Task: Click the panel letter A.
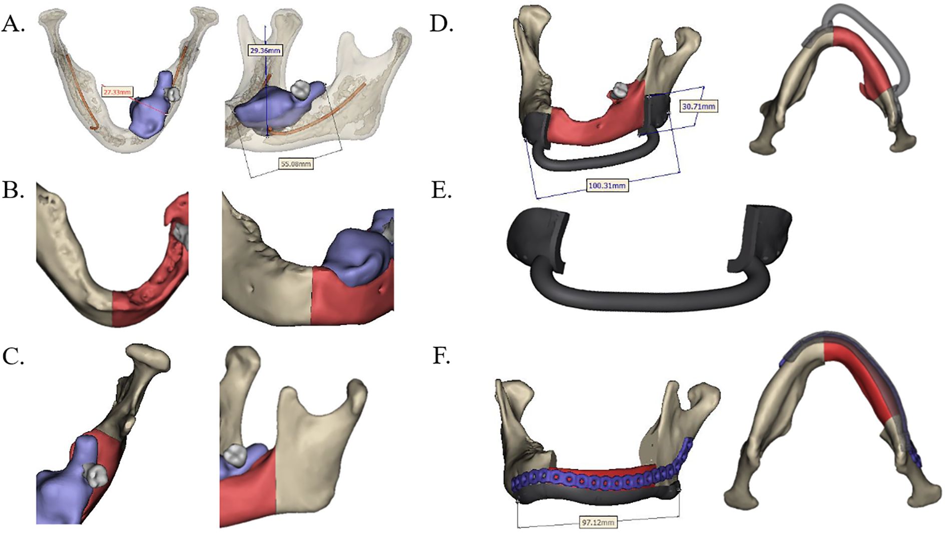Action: [14, 24]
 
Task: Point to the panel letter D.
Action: [441, 24]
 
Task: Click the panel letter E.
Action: [440, 190]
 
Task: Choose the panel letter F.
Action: [440, 356]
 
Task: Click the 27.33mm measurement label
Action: [118, 92]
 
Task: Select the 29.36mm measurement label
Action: [265, 50]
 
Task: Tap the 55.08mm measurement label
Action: [296, 163]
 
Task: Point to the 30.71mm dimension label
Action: [698, 106]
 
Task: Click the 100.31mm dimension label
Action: [606, 186]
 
